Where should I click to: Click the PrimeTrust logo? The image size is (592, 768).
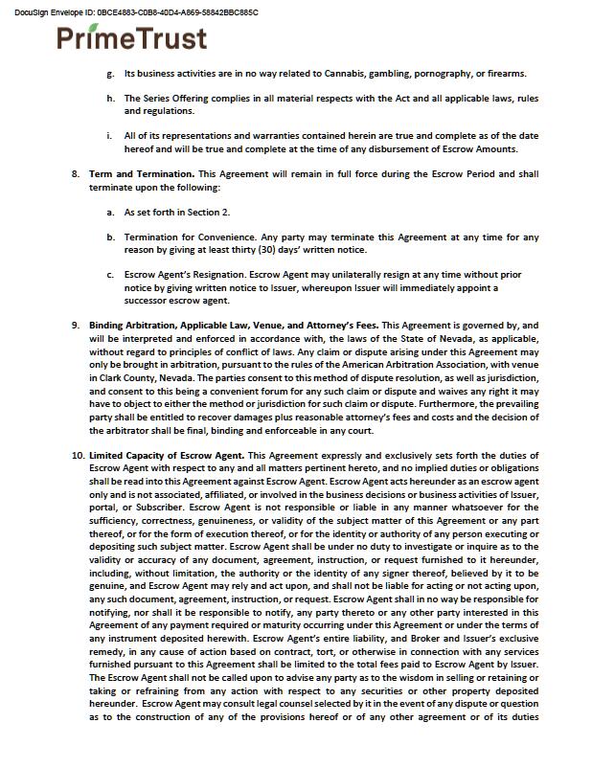[x=132, y=37]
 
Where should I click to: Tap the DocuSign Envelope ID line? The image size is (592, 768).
[x=136, y=12]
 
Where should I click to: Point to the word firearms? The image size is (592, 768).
[x=501, y=74]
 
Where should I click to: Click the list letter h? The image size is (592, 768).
[x=111, y=99]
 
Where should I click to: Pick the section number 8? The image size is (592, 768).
[x=76, y=174]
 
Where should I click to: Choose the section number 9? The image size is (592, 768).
[x=76, y=326]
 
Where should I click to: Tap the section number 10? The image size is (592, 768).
[x=77, y=455]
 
